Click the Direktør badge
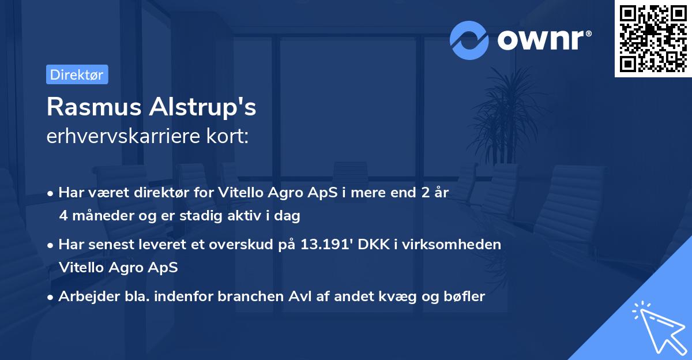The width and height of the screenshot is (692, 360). pos(77,74)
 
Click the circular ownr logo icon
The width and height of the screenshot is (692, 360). pos(469,40)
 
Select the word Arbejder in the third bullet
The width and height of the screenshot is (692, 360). pos(84,297)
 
